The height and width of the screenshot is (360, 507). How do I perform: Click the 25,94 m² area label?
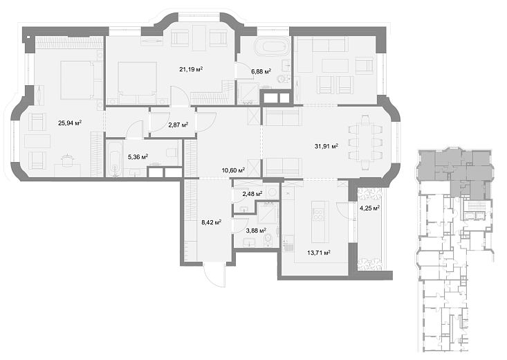pyautogui.click(x=70, y=123)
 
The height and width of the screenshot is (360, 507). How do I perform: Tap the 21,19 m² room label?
pyautogui.click(x=191, y=69)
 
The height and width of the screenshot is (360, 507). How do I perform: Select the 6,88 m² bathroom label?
pyautogui.click(x=261, y=71)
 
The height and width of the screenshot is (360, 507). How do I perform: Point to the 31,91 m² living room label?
pyautogui.click(x=326, y=146)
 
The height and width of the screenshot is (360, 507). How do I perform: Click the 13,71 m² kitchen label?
pyautogui.click(x=318, y=253)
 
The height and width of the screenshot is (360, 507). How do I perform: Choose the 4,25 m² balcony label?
pyautogui.click(x=369, y=208)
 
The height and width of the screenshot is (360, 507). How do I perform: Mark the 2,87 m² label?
pyautogui.click(x=178, y=125)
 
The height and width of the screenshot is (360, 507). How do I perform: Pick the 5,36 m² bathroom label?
pyautogui.click(x=138, y=157)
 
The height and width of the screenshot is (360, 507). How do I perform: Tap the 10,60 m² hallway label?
pyautogui.click(x=233, y=170)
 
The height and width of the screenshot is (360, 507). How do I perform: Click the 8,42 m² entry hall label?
pyautogui.click(x=211, y=222)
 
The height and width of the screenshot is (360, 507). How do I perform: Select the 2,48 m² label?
pyautogui.click(x=252, y=194)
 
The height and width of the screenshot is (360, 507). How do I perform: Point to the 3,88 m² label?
pyautogui.click(x=256, y=230)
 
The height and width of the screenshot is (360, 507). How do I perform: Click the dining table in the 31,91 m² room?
pyautogui.click(x=365, y=143)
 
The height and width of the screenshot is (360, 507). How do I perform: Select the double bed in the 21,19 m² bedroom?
pyautogui.click(x=138, y=82)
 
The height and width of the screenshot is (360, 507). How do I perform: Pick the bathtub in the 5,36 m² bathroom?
pyautogui.click(x=115, y=158)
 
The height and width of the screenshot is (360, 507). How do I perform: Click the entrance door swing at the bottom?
pyautogui.click(x=214, y=275)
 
